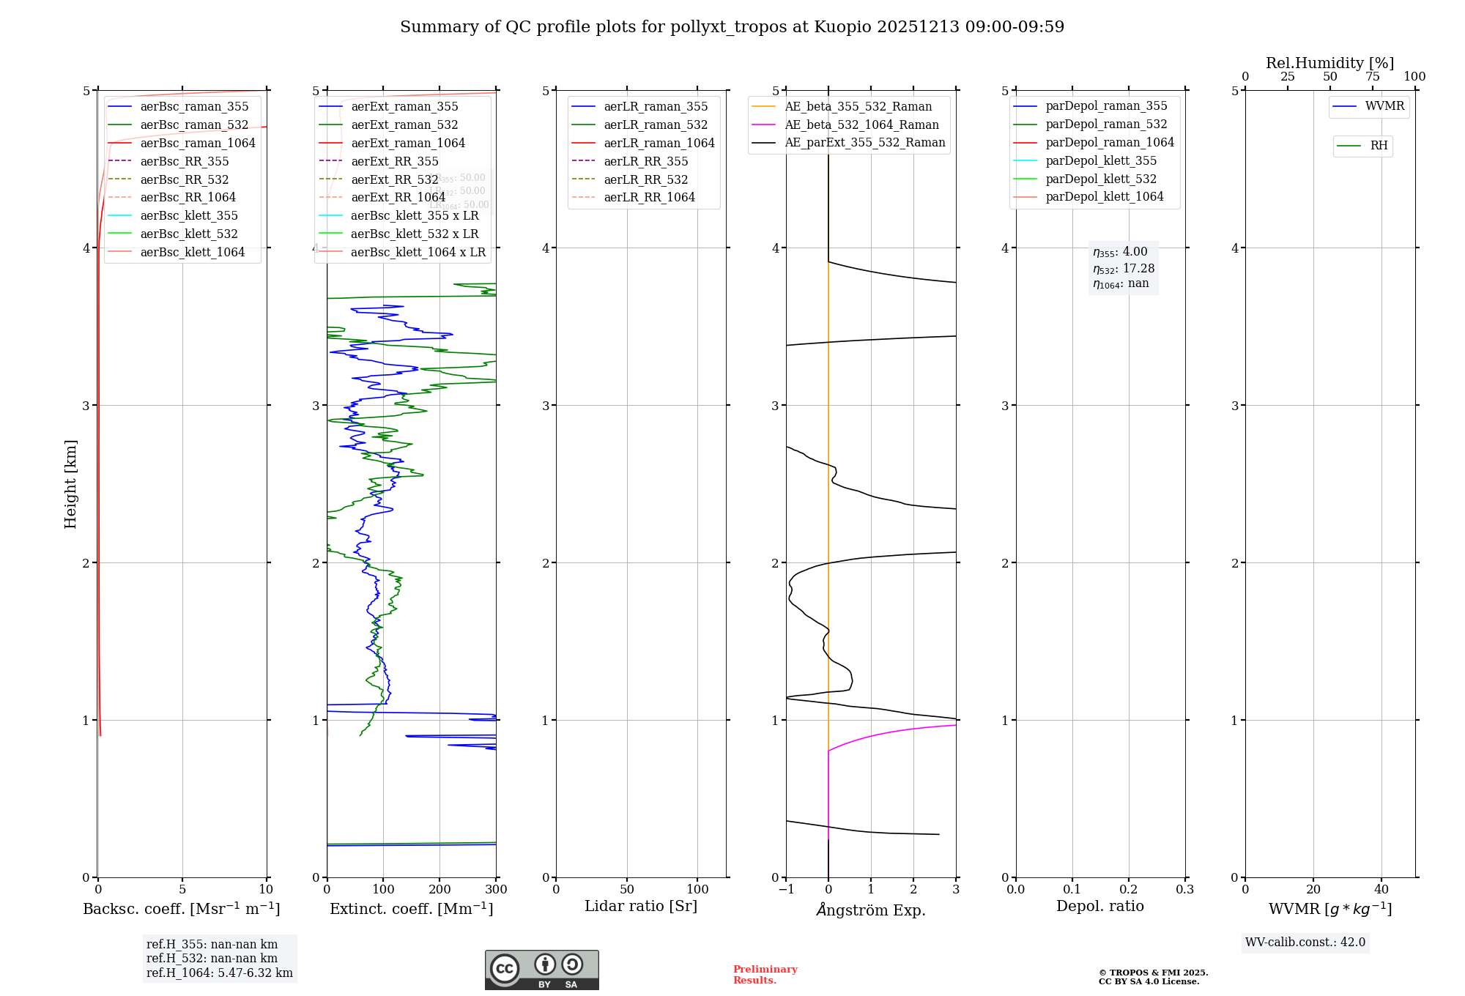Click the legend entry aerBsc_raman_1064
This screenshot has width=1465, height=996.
(x=198, y=143)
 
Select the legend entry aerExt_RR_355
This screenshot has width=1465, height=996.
(x=395, y=161)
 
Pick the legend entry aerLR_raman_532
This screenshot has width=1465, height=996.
(x=656, y=124)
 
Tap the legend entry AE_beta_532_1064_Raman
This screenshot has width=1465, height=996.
(x=861, y=124)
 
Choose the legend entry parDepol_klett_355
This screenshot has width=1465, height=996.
(x=1101, y=160)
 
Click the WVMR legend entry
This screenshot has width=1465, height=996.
(x=1384, y=106)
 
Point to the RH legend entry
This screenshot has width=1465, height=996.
(x=1379, y=146)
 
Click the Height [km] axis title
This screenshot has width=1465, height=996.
(x=70, y=484)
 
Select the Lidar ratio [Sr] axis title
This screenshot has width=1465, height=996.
(x=641, y=906)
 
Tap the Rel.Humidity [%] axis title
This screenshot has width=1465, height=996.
(x=1329, y=63)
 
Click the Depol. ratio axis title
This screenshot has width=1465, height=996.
(x=1099, y=906)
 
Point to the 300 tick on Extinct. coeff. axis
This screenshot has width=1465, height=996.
(x=496, y=890)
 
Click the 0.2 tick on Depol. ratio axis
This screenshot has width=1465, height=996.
(x=1128, y=890)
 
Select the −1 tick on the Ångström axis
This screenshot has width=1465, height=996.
(x=786, y=890)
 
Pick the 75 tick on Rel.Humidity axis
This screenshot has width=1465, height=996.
(x=1372, y=77)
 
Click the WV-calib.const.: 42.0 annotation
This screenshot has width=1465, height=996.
(x=1305, y=942)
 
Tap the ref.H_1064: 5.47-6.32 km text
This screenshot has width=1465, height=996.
(x=219, y=973)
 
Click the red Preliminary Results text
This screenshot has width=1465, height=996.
(x=765, y=975)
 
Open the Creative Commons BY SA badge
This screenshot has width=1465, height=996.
(x=541, y=970)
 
